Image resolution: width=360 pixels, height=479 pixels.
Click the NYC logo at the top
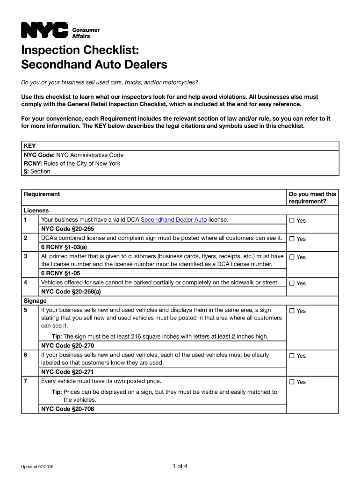coord(45,30)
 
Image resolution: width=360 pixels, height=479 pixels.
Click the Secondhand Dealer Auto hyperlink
coord(173,219)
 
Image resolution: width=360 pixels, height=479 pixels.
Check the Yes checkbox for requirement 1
coord(292,221)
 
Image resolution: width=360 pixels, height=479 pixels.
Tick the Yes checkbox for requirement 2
coord(292,239)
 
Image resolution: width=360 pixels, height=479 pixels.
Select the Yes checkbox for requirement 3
coord(292,257)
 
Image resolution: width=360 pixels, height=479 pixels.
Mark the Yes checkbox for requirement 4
coord(292,283)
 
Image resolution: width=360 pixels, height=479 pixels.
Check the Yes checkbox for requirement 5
coord(292,311)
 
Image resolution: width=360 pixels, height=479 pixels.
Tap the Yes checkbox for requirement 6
coord(292,356)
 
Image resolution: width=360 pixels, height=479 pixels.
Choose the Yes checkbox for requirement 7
coord(292,382)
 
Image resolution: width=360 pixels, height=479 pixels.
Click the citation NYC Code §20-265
coord(67,229)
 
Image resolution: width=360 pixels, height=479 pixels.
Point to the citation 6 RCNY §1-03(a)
coord(64,247)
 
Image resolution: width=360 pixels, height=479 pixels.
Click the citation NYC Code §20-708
coord(67,409)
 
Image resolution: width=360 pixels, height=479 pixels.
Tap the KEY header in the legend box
coord(30,146)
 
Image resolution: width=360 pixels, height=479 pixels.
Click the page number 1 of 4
coord(180,466)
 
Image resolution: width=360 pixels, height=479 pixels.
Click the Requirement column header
coord(42,194)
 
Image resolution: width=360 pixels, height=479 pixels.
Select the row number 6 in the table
coord(25,355)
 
